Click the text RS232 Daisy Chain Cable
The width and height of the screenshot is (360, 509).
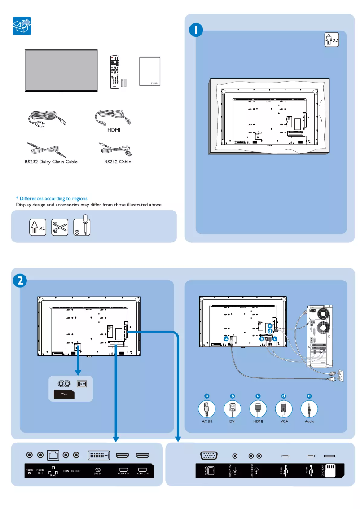51,162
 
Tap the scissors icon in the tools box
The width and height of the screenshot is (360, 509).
60,228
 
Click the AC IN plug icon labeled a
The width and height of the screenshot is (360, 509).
207,409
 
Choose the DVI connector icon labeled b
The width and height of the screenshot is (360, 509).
233,409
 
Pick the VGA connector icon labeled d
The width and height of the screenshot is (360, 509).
284,409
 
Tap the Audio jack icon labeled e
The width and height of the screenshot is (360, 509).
309,409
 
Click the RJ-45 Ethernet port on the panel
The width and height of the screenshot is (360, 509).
53,456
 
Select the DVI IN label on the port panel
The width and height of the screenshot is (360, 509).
97,473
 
